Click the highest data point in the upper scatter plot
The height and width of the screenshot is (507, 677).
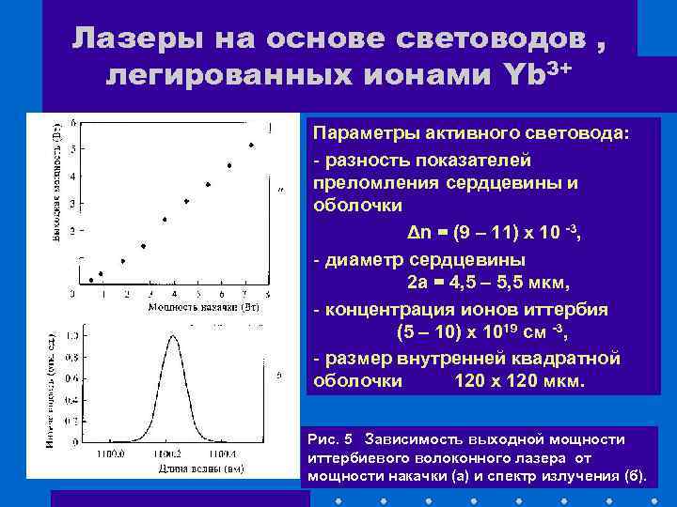point(251,146)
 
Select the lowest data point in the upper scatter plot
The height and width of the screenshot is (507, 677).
point(91,280)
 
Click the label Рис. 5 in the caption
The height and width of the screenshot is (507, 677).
point(329,438)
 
